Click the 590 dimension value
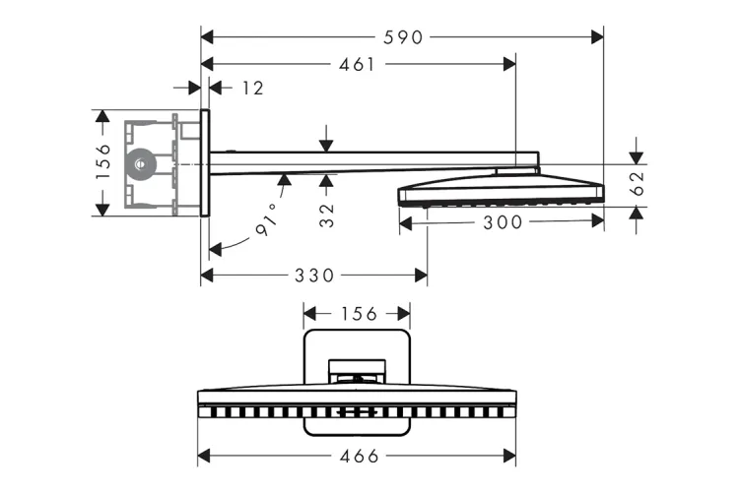point(404,37)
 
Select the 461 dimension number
point(357,65)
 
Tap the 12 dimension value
point(252,89)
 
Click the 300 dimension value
point(503,223)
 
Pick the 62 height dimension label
point(637,181)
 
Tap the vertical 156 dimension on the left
point(102,162)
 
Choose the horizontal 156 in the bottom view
point(357,314)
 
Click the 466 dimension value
point(357,457)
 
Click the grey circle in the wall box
point(142,162)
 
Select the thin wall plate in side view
point(205,162)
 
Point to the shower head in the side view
point(501,187)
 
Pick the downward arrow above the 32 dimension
point(326,146)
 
